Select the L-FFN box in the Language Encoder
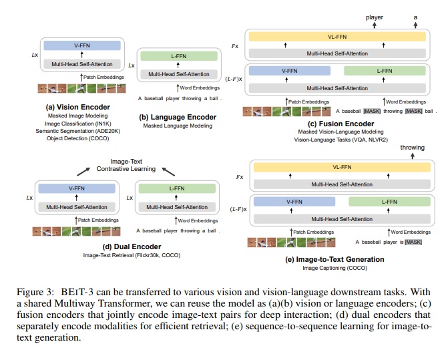[179, 57]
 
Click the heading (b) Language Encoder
[178, 118]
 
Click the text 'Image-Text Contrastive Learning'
[126, 164]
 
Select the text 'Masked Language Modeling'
[178, 126]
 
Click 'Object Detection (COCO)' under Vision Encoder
[77, 139]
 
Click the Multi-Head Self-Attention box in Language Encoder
[179, 73]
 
